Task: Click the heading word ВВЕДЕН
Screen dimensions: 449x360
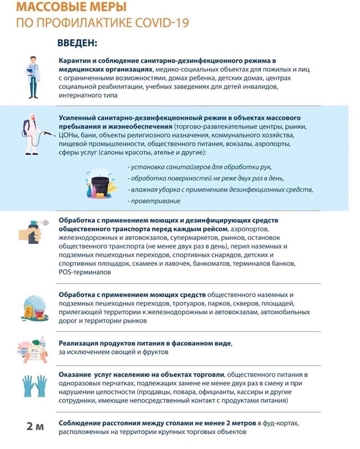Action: pyautogui.click(x=77, y=43)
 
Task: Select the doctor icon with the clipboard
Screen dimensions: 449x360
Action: pyautogui.click(x=33, y=77)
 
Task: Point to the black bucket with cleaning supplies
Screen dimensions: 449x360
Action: pyautogui.click(x=100, y=184)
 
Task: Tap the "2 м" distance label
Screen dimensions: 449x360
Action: pyautogui.click(x=35, y=427)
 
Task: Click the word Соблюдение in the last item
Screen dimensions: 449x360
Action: pyautogui.click(x=80, y=423)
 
